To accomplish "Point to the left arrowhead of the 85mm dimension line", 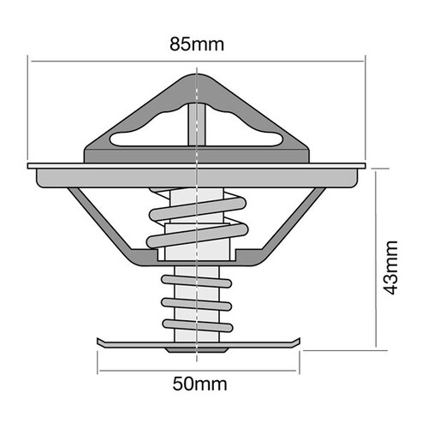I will click(x=33, y=61).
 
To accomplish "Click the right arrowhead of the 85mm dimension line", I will click(x=364, y=61).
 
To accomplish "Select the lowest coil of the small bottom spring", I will click(x=197, y=326).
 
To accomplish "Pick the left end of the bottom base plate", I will click(x=101, y=343).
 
